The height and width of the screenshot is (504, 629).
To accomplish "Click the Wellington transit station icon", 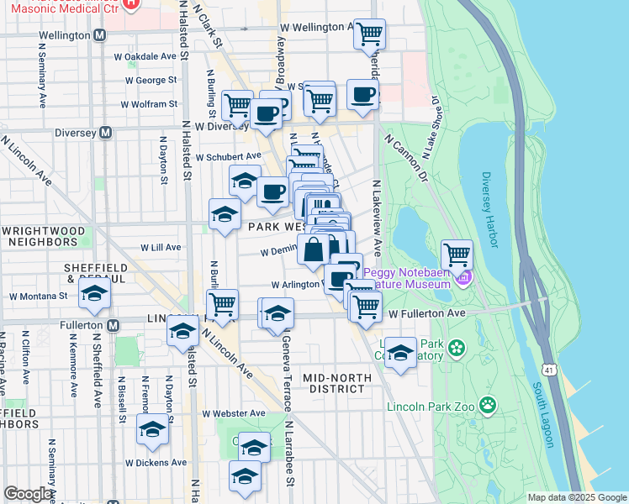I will [100, 35].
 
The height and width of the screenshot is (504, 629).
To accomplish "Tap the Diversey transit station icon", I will [106, 132].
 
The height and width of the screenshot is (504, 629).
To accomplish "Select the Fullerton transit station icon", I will [110, 324].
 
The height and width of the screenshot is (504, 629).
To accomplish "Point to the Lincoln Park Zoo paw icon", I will [489, 407].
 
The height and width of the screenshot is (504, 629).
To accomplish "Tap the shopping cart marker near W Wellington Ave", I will [369, 34].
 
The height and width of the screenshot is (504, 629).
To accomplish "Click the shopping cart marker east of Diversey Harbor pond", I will [457, 254].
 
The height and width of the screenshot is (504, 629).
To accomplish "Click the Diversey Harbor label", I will [490, 203].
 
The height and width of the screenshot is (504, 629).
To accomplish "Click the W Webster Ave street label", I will [234, 413].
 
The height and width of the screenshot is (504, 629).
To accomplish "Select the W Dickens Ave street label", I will [156, 462].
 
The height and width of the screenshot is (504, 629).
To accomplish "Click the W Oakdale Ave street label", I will [145, 57].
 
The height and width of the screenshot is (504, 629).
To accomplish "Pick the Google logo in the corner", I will [27, 494].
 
